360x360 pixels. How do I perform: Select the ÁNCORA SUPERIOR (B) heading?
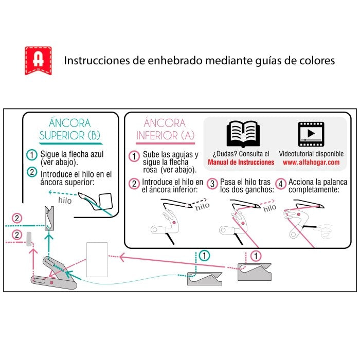point(70,130)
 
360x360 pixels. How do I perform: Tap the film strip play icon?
point(311,133)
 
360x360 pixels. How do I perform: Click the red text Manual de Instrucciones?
point(241,162)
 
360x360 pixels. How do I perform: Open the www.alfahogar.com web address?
point(311,162)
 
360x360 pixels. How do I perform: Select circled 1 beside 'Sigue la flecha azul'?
point(32,155)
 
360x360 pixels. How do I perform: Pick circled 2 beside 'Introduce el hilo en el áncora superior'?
point(32,174)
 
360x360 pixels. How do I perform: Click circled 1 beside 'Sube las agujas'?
point(134,156)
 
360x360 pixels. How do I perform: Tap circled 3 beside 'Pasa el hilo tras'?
point(212,183)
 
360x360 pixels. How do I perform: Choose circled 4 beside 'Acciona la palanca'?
point(280,183)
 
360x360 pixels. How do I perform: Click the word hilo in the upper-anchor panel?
point(65,201)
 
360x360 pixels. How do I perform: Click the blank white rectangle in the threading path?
point(97,259)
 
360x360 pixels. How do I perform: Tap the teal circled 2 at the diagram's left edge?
point(17,219)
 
